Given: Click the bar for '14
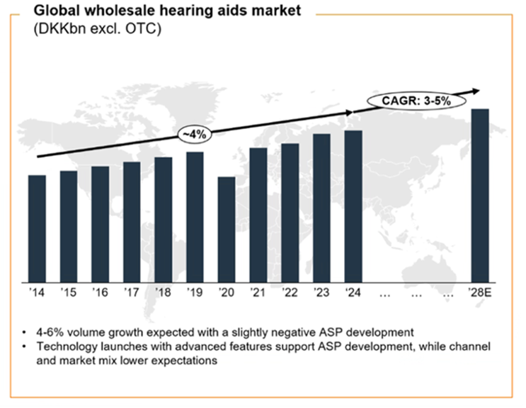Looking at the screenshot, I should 37,228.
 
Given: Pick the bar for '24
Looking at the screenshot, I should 353,205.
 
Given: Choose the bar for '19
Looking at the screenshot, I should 195,216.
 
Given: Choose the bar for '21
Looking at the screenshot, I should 258,215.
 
